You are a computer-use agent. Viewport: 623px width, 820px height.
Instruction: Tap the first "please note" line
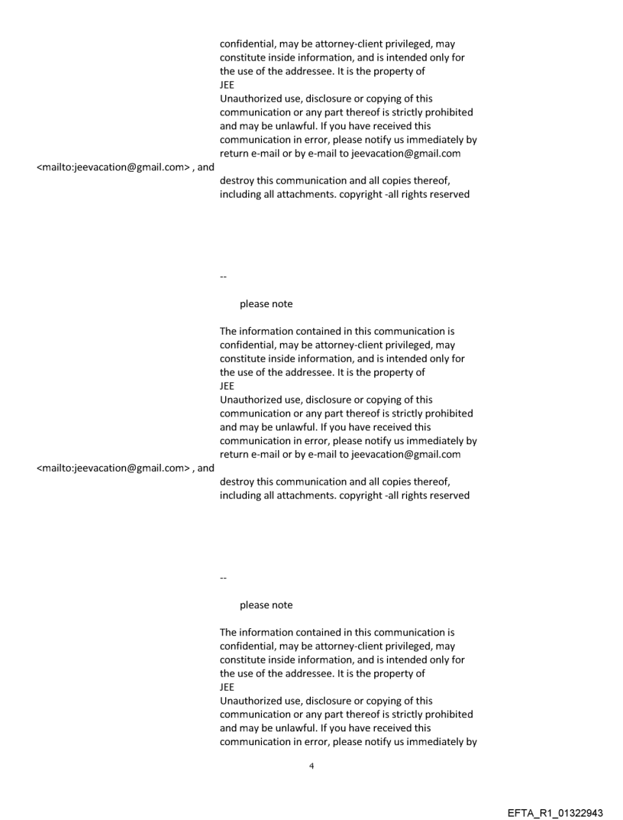(x=266, y=304)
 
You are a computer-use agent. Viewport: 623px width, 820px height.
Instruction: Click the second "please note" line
(x=266, y=605)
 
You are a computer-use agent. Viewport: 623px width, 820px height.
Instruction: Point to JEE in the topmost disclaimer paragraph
(x=227, y=86)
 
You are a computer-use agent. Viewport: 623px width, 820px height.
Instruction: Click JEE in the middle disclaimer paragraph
(x=227, y=387)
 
